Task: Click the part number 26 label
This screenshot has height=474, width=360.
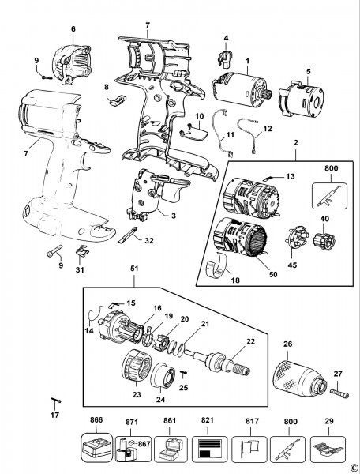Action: pyautogui.click(x=288, y=344)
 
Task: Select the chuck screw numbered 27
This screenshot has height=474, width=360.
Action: pyautogui.click(x=339, y=393)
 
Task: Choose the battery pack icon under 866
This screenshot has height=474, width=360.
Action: pyautogui.click(x=96, y=448)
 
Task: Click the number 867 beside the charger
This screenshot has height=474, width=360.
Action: pyautogui.click(x=144, y=443)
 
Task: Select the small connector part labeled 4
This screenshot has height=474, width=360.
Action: pyautogui.click(x=225, y=58)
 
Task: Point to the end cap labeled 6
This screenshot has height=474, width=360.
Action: pyautogui.click(x=72, y=64)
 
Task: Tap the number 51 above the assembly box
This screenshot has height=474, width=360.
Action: pyautogui.click(x=134, y=269)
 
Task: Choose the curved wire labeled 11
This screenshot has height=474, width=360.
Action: pyautogui.click(x=223, y=134)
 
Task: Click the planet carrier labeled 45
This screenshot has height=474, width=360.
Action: pyautogui.click(x=296, y=239)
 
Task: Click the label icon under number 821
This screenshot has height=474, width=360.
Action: pyautogui.click(x=209, y=449)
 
